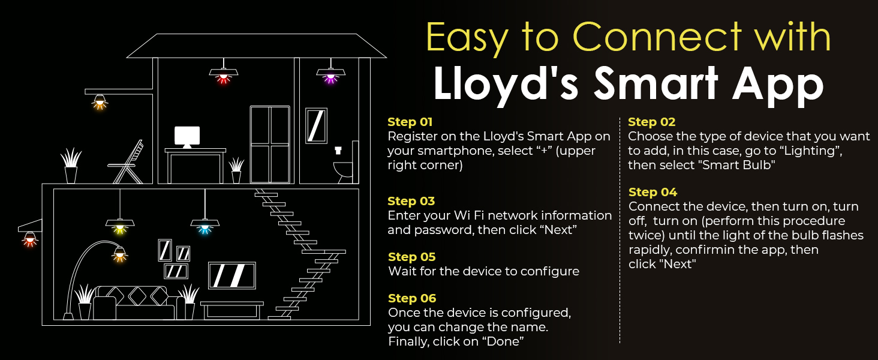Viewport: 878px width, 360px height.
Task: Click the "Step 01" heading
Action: [410, 122]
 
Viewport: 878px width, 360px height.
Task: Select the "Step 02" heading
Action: [651, 122]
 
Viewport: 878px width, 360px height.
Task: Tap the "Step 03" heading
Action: [411, 202]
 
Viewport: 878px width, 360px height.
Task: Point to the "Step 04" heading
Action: [653, 193]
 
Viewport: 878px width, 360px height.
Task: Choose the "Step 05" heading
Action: [411, 257]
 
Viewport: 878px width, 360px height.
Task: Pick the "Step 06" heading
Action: [411, 299]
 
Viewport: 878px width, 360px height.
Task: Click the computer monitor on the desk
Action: [187, 137]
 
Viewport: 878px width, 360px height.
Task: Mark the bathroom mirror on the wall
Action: [316, 125]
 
